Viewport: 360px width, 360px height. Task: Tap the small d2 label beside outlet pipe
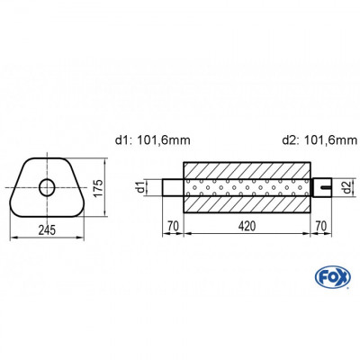(x=346, y=186)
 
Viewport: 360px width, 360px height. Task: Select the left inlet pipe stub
(x=172, y=187)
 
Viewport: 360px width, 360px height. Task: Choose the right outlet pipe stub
(x=321, y=187)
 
